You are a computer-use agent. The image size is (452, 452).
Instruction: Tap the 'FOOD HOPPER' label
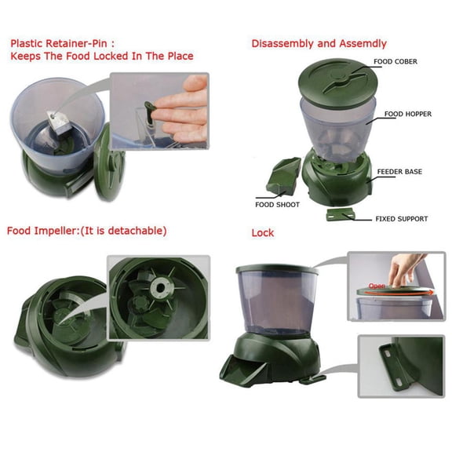click(x=407, y=114)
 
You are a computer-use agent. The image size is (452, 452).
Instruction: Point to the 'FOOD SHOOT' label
click(x=276, y=205)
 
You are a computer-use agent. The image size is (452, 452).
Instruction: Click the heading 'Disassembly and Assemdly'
click(x=319, y=43)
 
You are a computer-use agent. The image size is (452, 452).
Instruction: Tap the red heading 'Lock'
click(x=262, y=233)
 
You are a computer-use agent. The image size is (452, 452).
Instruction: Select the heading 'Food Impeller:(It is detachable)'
click(x=86, y=231)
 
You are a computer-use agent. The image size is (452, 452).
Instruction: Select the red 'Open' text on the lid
click(x=376, y=286)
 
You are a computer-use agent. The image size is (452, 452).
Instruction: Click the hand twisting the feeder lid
click(x=402, y=271)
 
